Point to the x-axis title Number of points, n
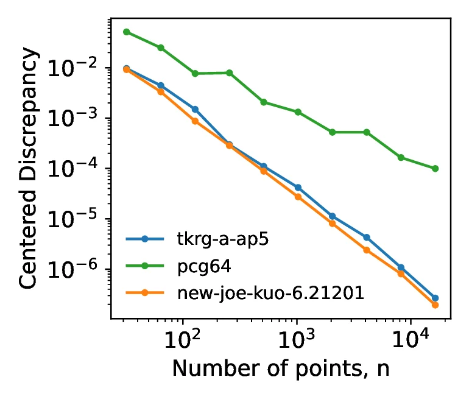tap(281, 369)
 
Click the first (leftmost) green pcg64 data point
tap(127, 32)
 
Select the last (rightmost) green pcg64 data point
tap(435, 168)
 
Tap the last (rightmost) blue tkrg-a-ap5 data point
tap(435, 298)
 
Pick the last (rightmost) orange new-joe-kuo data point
tap(435, 305)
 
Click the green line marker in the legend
tap(145, 266)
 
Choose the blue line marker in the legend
tap(145, 238)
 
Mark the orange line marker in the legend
tap(145, 293)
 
